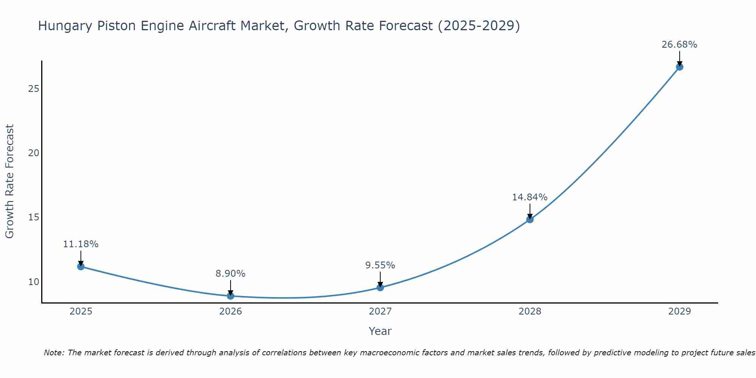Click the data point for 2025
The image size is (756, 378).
pos(81,266)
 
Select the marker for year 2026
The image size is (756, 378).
pos(231,296)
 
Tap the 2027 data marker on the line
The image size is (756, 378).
pos(380,287)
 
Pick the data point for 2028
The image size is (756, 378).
pos(530,219)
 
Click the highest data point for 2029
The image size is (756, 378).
pos(679,67)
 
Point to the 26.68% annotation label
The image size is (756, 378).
pos(679,45)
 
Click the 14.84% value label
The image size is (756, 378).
pos(530,197)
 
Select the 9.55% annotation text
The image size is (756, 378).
pos(380,265)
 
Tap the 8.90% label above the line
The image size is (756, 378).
pos(231,274)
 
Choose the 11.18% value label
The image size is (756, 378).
pos(81,244)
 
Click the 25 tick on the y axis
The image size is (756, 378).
pos(34,89)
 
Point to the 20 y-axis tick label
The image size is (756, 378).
pos(34,153)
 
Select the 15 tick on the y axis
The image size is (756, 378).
pos(34,217)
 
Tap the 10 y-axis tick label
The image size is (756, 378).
pos(34,282)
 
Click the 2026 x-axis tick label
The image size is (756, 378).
pos(231,311)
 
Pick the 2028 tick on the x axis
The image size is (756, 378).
pos(530,311)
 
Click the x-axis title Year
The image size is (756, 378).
pos(380,331)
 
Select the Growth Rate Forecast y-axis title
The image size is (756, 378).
pos(10,181)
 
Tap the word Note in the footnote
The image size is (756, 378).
pos(54,353)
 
